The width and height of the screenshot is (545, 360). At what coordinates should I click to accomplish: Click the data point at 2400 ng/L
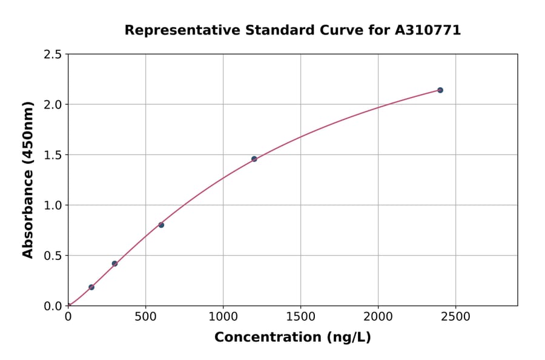point(440,90)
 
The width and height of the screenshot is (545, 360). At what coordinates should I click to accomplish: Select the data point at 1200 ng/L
point(254,159)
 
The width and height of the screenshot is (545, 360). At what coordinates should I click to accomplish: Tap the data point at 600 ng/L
point(161,225)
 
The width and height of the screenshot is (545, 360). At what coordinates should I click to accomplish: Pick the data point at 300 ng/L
point(114,264)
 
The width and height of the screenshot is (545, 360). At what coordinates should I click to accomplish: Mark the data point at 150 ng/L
point(91,287)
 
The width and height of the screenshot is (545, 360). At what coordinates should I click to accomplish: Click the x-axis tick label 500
point(145,317)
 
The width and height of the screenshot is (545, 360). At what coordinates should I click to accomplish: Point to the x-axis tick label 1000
point(223,317)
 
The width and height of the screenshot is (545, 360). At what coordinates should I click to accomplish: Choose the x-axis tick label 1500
point(300,317)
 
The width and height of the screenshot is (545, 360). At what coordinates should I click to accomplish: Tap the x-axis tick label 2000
point(378,317)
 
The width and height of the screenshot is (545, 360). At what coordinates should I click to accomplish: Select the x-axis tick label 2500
point(455,317)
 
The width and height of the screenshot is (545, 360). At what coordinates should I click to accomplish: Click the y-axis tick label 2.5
point(53,55)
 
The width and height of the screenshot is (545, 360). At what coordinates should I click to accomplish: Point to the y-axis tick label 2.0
point(53,105)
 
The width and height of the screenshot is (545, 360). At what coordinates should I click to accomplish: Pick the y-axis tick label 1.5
point(53,155)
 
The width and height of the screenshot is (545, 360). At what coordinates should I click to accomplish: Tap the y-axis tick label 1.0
point(53,205)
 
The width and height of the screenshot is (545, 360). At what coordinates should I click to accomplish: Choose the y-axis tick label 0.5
point(53,256)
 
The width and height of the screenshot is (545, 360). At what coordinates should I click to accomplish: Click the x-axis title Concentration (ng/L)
point(292,338)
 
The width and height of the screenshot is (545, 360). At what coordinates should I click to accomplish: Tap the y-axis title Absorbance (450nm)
point(28,179)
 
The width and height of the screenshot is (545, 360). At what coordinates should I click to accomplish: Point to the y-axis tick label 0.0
point(53,306)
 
